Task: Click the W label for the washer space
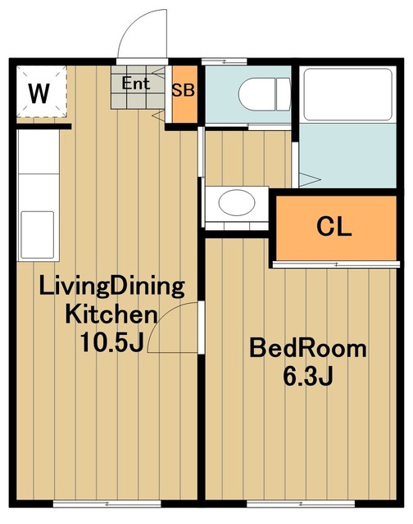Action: coord(39,93)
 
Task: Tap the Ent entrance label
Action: coord(135,84)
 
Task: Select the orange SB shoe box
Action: coord(184,94)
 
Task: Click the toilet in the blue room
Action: coord(264,94)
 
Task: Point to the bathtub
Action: coord(347,95)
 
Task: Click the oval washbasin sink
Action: coord(237,202)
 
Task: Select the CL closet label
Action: coord(334,227)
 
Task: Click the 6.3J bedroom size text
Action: coord(308,377)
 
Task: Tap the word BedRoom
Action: coord(308,349)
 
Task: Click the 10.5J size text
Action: coord(111,342)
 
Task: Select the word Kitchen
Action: coord(111,314)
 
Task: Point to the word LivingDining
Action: coord(111,287)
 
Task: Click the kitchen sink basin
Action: coord(38,235)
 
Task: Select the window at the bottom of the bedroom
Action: coord(301,504)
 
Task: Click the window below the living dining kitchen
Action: coord(107,504)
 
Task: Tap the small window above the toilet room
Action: coord(224,61)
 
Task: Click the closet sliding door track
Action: coord(336,264)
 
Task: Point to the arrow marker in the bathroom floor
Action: coord(310,179)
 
